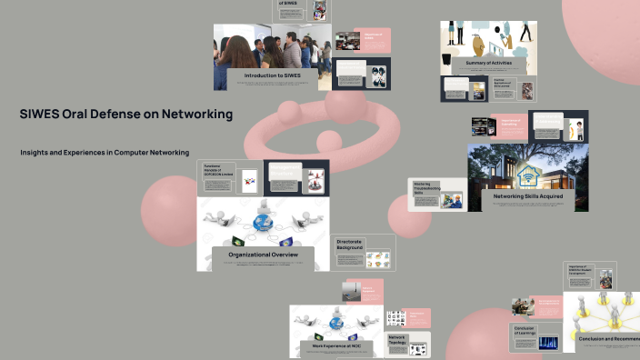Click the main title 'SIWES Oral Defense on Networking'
pyautogui.click(x=126, y=115)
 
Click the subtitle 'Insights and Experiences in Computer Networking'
pyautogui.click(x=105, y=153)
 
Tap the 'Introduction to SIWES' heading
pyautogui.click(x=272, y=75)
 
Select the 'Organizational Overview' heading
pyautogui.click(x=263, y=255)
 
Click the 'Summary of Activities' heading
pyautogui.click(x=488, y=63)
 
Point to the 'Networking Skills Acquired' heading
pyautogui.click(x=527, y=195)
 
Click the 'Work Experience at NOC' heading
pyautogui.click(x=337, y=346)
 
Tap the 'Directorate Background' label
pyautogui.click(x=349, y=245)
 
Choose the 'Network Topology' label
pyautogui.click(x=397, y=339)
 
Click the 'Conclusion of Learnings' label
pyautogui.click(x=525, y=331)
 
